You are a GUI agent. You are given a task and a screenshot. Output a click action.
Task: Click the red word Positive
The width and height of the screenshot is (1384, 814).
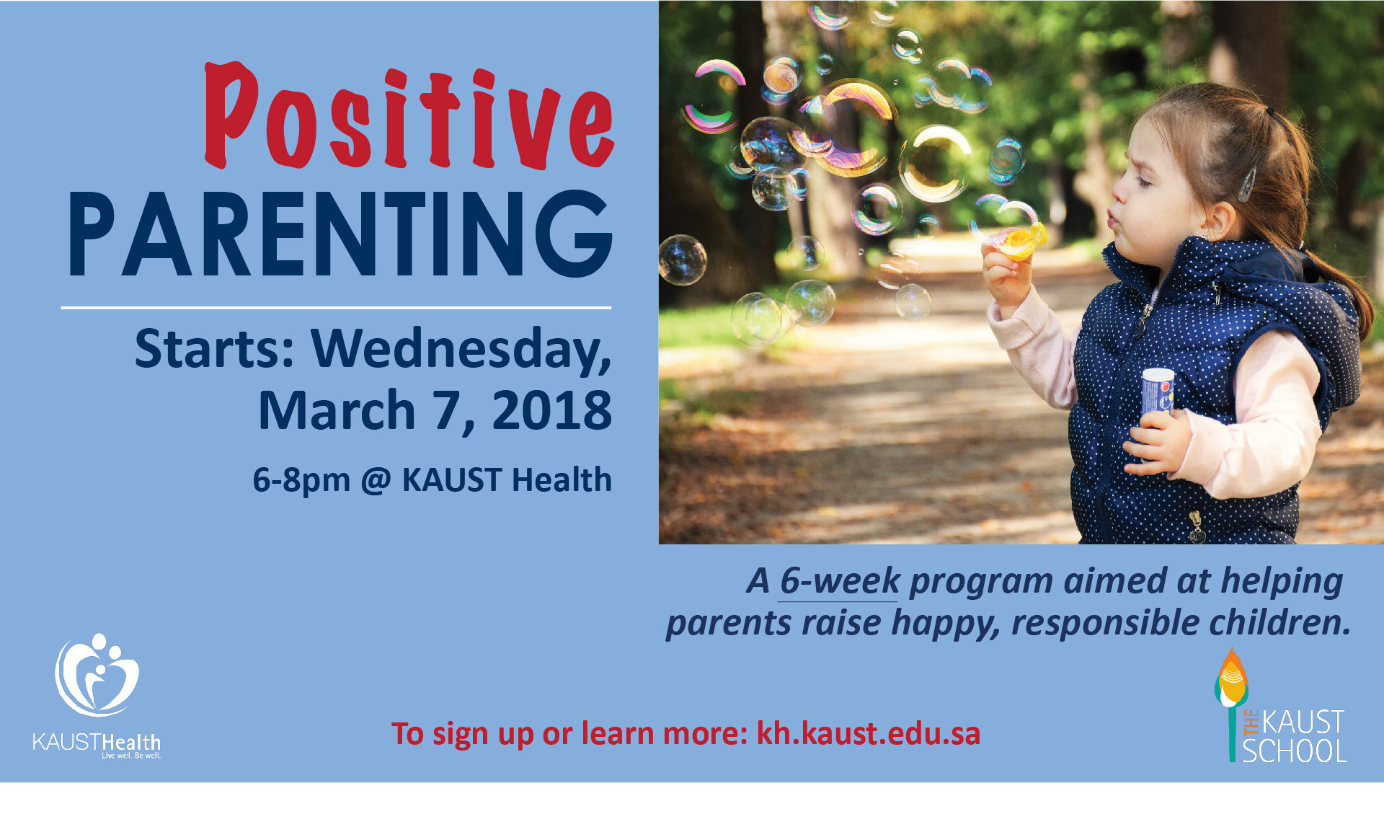click(x=409, y=117)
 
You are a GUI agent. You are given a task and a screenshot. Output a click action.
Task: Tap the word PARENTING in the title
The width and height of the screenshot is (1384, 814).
click(x=340, y=234)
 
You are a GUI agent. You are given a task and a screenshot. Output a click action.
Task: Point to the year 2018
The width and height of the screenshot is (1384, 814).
click(x=551, y=410)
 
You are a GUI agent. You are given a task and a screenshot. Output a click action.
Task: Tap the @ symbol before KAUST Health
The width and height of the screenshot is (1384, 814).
click(x=376, y=481)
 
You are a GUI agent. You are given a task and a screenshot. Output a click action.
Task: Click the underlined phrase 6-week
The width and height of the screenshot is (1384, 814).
click(x=840, y=581)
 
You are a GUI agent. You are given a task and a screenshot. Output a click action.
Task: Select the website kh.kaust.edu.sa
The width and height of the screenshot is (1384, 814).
click(x=869, y=734)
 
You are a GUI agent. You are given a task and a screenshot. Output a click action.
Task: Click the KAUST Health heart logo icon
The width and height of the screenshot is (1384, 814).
click(x=97, y=675)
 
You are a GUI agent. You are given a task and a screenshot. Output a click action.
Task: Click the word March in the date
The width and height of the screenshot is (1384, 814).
click(x=337, y=410)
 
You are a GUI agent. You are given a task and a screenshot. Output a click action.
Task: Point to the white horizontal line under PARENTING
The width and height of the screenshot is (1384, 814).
click(x=336, y=308)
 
